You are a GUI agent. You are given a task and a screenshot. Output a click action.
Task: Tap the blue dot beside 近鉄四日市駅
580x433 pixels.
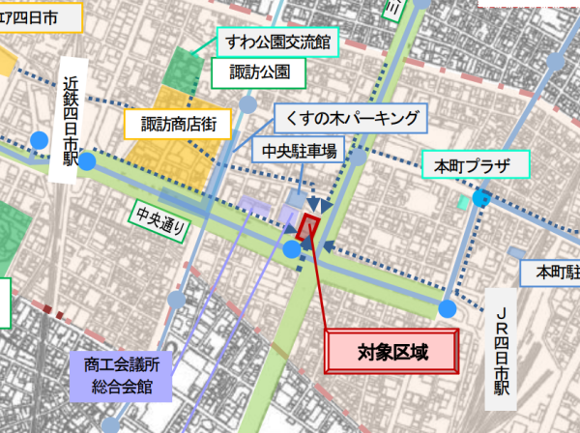point(86,161)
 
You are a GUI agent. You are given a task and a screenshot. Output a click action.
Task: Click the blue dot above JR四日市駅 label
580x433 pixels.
point(447,308)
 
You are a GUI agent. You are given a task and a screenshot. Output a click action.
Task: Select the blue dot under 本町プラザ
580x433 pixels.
point(480,200)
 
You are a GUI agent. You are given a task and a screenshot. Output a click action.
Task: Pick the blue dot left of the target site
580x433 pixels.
point(292,250)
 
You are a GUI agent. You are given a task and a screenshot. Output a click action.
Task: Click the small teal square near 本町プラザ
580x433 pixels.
point(463,202)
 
